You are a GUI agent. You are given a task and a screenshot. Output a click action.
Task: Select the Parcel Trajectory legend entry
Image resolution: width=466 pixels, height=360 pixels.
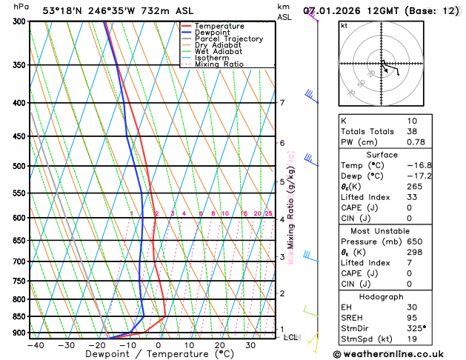pos(228,39)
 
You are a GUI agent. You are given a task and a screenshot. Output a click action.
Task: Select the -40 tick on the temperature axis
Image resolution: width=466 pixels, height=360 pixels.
pos(35,345)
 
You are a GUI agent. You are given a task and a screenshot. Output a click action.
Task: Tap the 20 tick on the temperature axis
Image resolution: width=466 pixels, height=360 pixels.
pos(220,345)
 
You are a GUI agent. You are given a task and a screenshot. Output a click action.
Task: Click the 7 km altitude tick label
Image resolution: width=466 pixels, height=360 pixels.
pos(282,103)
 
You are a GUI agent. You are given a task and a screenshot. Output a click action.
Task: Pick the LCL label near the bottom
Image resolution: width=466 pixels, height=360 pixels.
pos(290,338)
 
